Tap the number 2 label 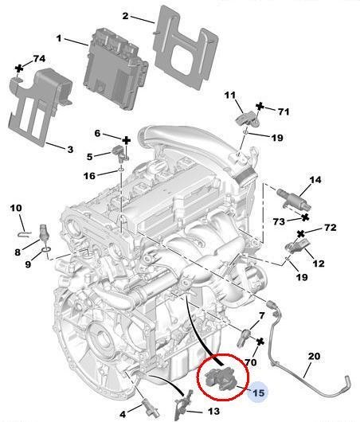tap(126, 16)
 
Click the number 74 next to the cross tap(37, 60)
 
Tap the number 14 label tap(315, 180)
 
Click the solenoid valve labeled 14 tap(286, 195)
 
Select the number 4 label tap(123, 413)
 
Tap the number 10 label tap(15, 209)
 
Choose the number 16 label tap(89, 174)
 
